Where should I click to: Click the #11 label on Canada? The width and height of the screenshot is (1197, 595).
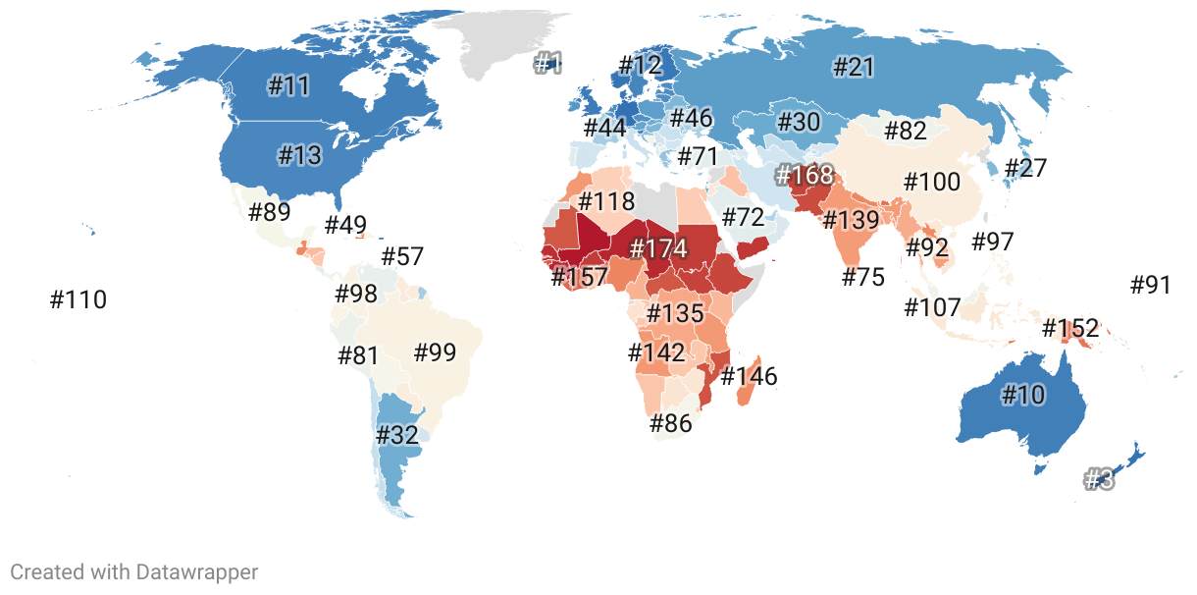tap(288, 85)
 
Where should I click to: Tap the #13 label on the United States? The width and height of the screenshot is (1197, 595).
tap(299, 155)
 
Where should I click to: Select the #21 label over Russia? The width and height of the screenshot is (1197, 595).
tap(853, 67)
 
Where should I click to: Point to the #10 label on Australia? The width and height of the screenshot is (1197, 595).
tap(1023, 396)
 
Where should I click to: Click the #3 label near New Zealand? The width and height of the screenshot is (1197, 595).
tap(1099, 480)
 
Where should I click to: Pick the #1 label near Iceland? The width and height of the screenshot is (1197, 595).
tap(547, 65)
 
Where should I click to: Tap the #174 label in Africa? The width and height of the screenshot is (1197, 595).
tap(658, 248)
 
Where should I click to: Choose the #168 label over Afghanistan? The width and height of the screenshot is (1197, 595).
tap(804, 176)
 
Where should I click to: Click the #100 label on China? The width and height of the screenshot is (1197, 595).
tap(932, 183)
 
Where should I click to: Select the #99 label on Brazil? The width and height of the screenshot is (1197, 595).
tap(436, 352)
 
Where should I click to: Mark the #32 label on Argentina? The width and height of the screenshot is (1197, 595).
tap(397, 435)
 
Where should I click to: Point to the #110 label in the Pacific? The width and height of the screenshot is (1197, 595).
tap(78, 299)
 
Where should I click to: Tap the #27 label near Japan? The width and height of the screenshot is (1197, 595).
tap(1025, 168)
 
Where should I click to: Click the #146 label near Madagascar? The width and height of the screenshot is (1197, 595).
tap(749, 375)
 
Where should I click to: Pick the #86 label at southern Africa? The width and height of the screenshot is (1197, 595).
tap(671, 424)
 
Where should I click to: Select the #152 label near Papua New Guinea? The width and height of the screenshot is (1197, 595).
tap(1070, 327)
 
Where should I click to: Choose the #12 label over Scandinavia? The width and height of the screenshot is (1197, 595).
tap(641, 66)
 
